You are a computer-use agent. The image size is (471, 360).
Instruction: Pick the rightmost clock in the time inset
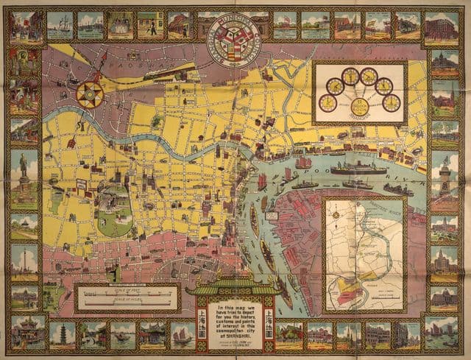[x=392, y=102]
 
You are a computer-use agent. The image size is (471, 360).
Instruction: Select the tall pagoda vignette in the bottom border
[x=63, y=334]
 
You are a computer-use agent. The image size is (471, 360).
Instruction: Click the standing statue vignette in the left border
[x=24, y=168]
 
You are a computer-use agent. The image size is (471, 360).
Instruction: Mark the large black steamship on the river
[x=358, y=169]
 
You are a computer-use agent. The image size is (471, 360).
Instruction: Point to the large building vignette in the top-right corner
[x=444, y=28]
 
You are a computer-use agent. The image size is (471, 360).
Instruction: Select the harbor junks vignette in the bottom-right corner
[x=444, y=334]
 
